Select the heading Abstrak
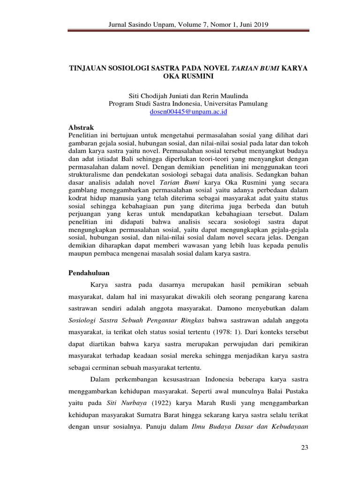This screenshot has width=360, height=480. click(81, 127)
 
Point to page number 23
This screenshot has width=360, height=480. click(304, 448)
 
